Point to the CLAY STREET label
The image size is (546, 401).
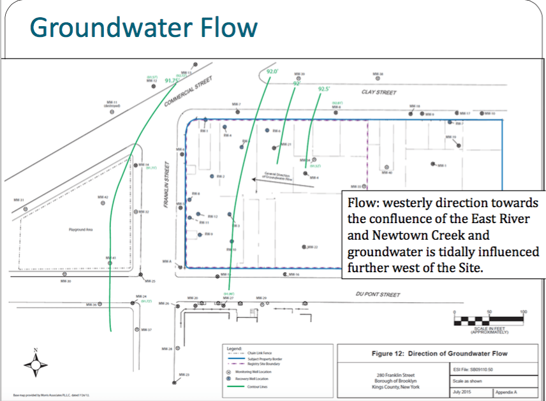tap(379, 92)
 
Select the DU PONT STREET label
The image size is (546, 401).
tap(378, 295)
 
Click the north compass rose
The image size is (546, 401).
tap(36, 365)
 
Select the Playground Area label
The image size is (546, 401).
tap(82, 230)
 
